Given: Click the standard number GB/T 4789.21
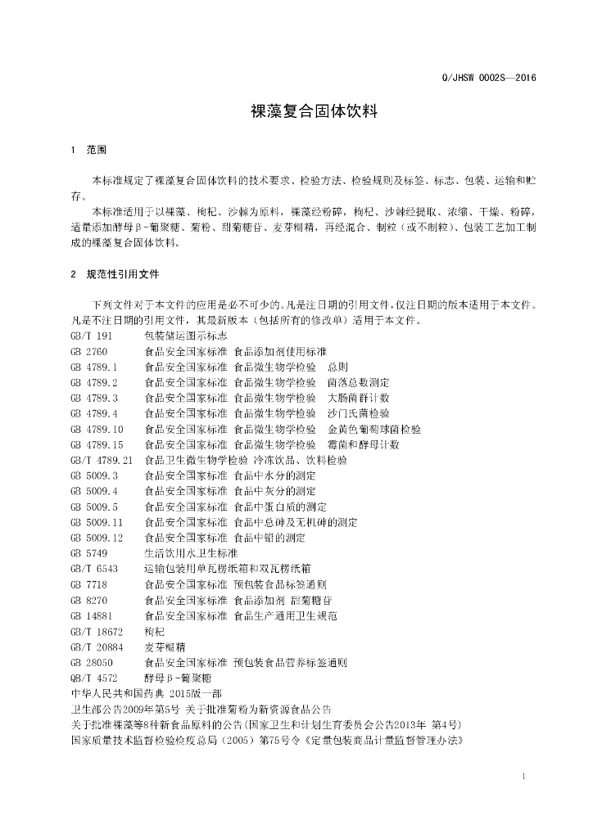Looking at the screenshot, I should tap(102, 460).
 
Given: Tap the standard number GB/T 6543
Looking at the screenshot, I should tap(94, 568).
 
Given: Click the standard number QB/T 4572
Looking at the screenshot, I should tap(94, 678).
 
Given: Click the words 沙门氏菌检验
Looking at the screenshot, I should tap(359, 413).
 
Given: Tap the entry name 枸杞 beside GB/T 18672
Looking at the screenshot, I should tap(154, 631).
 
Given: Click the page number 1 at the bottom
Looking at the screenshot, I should tap(523, 774).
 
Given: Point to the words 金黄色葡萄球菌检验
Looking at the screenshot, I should tap(374, 429).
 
